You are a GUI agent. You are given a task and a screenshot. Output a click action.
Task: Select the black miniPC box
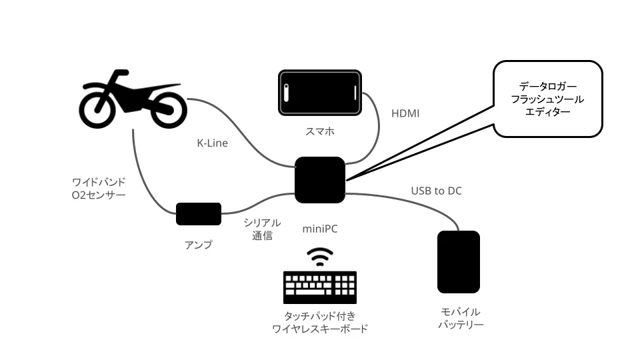[x=320, y=180]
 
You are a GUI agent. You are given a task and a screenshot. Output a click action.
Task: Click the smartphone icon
[x=320, y=93]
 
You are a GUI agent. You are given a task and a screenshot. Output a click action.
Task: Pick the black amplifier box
[x=199, y=214]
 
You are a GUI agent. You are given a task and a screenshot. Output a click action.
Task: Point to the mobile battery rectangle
[x=459, y=262]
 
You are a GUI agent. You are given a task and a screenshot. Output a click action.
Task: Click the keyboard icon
[x=320, y=287]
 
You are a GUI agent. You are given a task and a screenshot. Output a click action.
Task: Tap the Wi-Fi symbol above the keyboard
[x=320, y=257]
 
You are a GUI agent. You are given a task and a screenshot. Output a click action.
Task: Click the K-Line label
[x=212, y=143]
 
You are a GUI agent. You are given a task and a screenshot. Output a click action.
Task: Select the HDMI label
[x=405, y=113]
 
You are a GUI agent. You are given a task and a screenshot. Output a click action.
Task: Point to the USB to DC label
[x=436, y=191]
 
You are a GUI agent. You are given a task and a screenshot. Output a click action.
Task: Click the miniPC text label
[x=320, y=229]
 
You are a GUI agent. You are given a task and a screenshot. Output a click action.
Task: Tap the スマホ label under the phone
[x=320, y=131]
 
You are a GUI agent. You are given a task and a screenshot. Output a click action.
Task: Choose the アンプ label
[x=199, y=245]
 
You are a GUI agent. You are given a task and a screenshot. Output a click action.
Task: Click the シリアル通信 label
[x=262, y=229]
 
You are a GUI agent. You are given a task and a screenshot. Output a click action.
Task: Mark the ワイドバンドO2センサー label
[x=99, y=189]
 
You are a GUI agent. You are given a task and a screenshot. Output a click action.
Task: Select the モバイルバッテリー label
[x=461, y=319]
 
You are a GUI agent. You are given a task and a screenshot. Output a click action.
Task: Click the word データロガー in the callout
[x=548, y=87]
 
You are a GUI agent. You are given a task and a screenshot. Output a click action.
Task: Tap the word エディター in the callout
[x=548, y=112]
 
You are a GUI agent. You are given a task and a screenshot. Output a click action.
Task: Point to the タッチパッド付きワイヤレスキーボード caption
[x=320, y=322]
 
